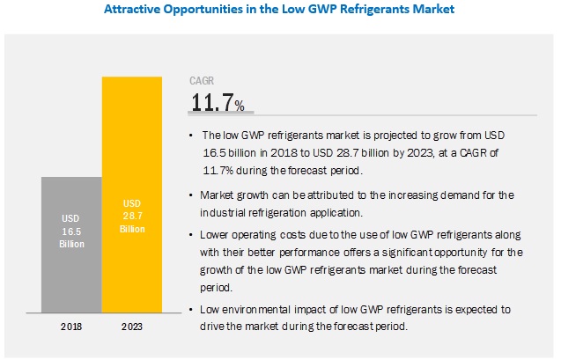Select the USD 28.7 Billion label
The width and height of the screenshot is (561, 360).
tap(132, 216)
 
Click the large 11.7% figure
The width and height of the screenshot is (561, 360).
tap(218, 104)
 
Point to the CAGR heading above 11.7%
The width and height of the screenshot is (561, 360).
tap(203, 80)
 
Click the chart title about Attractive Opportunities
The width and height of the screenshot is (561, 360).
tap(279, 11)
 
